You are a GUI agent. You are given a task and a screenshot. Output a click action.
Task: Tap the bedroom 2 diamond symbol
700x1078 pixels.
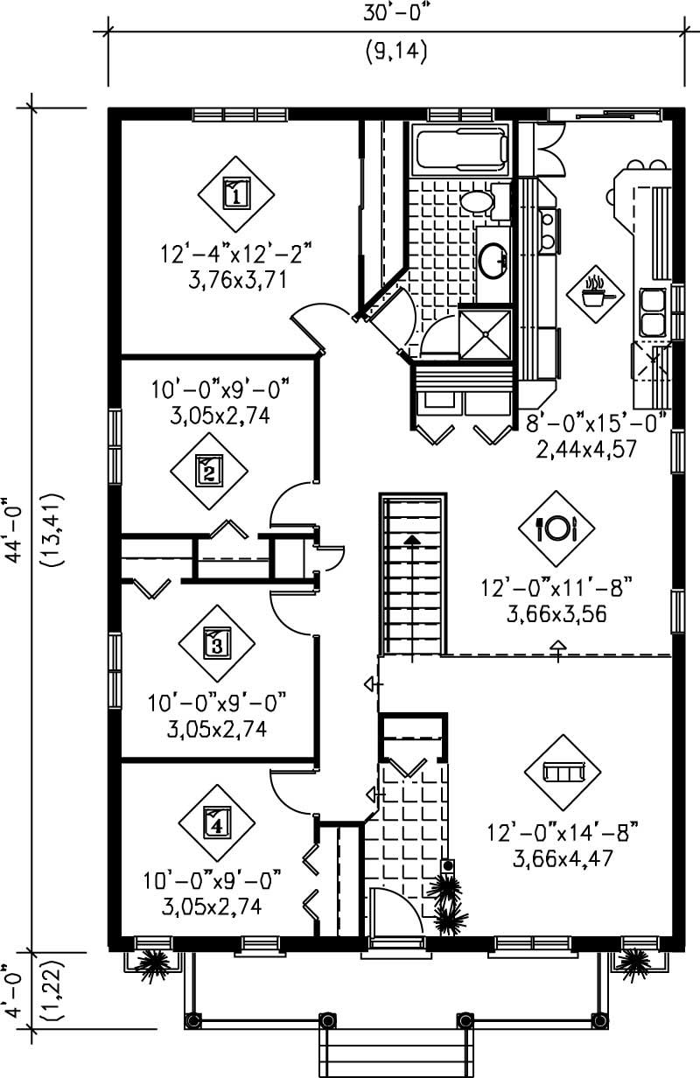click(x=208, y=472)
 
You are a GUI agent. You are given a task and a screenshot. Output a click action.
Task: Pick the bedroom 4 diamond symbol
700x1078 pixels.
click(x=216, y=822)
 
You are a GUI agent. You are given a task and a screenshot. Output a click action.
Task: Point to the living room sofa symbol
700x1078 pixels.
click(x=562, y=772)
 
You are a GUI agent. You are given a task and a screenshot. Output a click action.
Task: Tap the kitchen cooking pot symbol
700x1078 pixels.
click(x=598, y=293)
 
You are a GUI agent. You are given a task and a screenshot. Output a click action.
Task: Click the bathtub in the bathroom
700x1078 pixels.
click(x=460, y=150)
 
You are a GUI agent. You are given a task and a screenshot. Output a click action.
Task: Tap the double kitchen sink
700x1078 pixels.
click(x=653, y=312)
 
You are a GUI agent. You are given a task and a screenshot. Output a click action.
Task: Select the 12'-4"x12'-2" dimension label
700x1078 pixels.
click(x=235, y=255)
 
